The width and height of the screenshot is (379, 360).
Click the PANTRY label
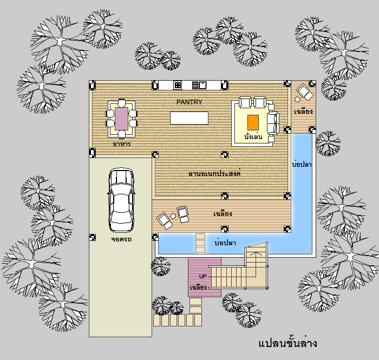190,102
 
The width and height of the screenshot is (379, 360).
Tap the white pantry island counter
190,118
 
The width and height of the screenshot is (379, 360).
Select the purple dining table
122,119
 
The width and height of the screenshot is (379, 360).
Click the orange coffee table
253,122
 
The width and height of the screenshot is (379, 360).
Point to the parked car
121,200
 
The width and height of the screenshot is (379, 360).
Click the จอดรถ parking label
121,239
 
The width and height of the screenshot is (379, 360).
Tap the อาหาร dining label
122,144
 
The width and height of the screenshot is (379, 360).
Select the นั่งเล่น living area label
253,136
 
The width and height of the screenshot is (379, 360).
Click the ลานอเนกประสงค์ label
214,173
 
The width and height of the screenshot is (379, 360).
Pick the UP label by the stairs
203,276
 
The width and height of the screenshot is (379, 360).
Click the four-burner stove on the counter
178,85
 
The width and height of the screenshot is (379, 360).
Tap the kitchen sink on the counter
199,85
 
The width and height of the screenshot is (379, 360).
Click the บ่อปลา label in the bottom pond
225,243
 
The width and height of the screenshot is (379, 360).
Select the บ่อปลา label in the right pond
302,164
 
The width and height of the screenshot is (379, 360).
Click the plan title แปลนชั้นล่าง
287,343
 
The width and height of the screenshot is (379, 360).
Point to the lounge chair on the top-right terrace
304,92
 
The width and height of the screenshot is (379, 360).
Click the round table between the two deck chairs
173,216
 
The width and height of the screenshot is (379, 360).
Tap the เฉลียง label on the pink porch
198,287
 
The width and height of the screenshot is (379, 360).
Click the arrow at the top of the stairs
256,254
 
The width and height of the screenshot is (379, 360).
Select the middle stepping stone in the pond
200,243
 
